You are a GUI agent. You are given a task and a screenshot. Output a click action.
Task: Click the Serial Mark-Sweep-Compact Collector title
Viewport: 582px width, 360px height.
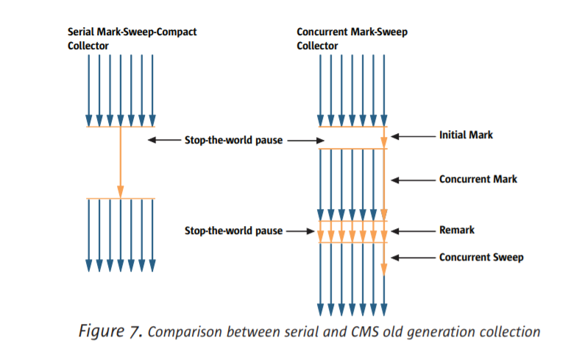(x=132, y=39)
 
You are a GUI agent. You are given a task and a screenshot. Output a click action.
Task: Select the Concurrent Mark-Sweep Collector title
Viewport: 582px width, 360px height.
(x=352, y=39)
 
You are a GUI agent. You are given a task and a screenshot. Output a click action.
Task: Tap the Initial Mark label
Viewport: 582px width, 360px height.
(x=466, y=135)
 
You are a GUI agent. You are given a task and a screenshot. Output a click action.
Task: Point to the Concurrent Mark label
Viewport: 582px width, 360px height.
(x=478, y=179)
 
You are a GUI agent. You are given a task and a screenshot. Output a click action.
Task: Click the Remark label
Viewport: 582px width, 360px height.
(x=456, y=230)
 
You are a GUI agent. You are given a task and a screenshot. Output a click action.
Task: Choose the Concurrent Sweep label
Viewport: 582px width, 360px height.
(x=481, y=257)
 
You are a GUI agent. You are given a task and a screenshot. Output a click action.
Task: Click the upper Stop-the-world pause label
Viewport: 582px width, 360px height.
(x=233, y=140)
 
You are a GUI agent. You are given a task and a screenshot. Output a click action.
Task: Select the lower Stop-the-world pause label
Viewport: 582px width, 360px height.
(x=233, y=231)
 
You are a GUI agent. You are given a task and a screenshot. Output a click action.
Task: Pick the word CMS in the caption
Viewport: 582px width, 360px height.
(x=352, y=332)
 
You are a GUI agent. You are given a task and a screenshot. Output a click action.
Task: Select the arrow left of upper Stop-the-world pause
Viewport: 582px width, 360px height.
(x=163, y=140)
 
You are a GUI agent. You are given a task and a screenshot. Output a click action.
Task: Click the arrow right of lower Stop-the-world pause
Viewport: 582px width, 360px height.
(x=300, y=231)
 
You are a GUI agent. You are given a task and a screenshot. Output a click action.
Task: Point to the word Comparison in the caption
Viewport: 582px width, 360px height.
(x=181, y=332)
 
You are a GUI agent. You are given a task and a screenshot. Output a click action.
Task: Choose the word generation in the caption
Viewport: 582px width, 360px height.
(x=432, y=332)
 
